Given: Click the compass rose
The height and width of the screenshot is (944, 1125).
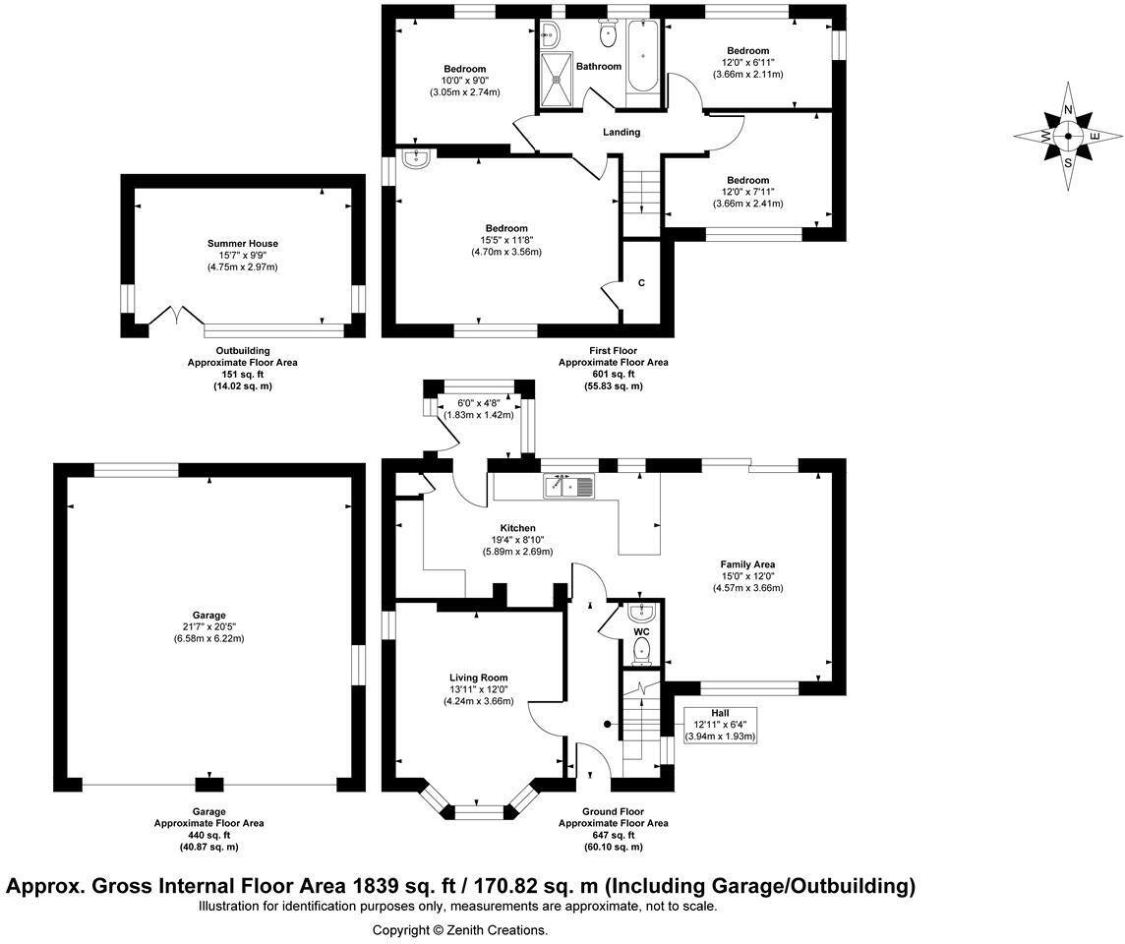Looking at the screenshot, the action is pyautogui.click(x=1068, y=137).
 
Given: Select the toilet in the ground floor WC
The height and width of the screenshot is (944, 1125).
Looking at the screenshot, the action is pyautogui.click(x=642, y=649).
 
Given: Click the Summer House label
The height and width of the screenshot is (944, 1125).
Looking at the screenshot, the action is pyautogui.click(x=242, y=243).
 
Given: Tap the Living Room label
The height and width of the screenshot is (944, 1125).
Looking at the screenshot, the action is pyautogui.click(x=479, y=678).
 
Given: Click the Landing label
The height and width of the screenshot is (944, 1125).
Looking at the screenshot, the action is pyautogui.click(x=622, y=132).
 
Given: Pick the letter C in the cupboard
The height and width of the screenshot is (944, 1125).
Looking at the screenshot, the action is pyautogui.click(x=641, y=283).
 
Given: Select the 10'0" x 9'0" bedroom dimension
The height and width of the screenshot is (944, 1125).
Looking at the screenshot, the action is pyautogui.click(x=464, y=81).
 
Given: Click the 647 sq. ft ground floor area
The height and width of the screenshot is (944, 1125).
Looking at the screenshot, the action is pyautogui.click(x=614, y=835).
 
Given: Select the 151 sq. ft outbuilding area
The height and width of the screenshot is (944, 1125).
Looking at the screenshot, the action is pyautogui.click(x=242, y=375).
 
